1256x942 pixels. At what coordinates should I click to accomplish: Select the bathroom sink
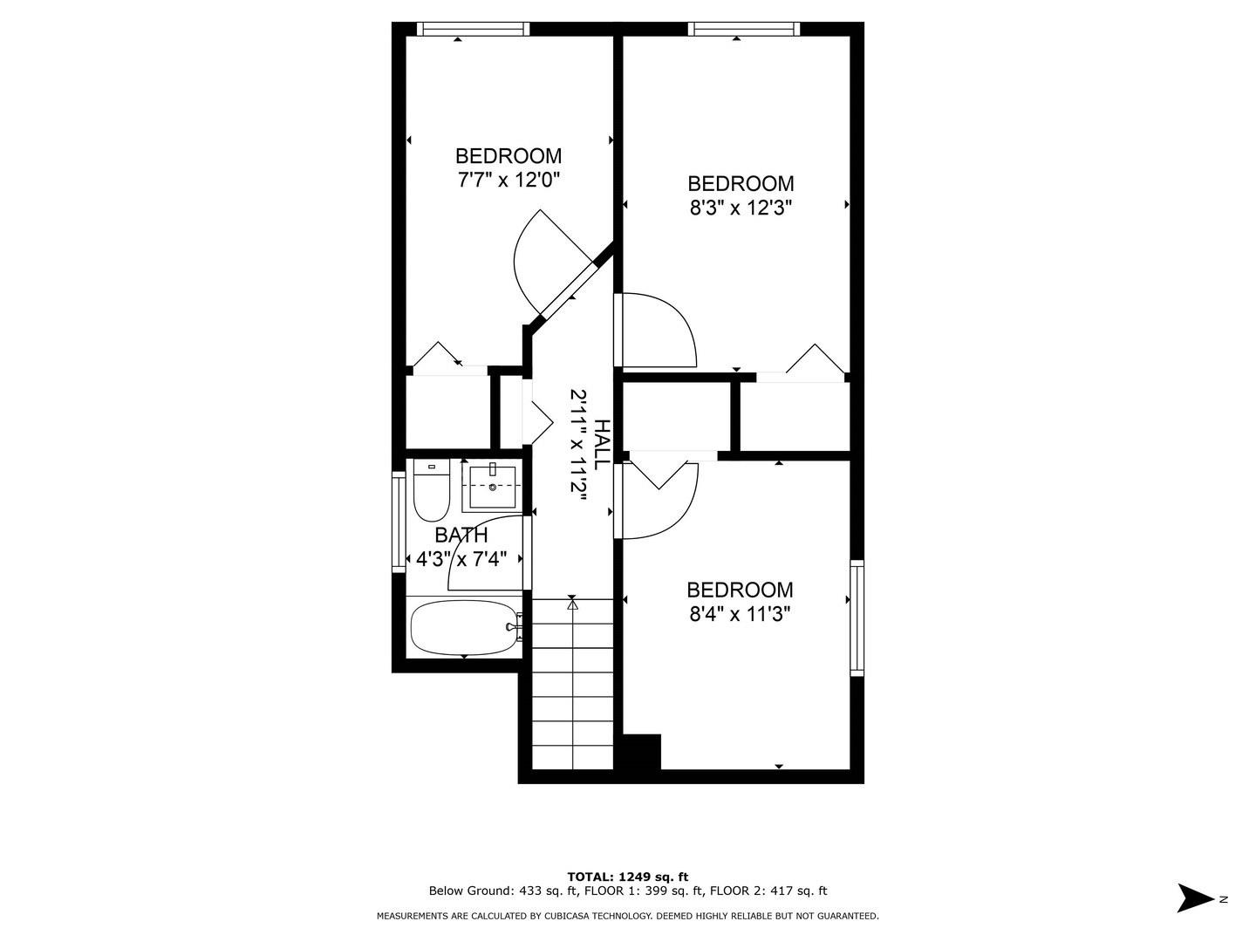point(493,487)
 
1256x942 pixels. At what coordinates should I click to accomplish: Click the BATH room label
point(461,536)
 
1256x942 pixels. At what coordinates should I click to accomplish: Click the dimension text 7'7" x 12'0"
point(509,181)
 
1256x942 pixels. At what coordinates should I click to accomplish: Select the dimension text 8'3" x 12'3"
point(741,208)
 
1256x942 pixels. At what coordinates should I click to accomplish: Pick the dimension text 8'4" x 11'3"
point(741,614)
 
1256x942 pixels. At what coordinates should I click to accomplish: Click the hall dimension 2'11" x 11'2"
point(577,444)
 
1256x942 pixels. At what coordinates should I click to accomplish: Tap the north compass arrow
point(1195,898)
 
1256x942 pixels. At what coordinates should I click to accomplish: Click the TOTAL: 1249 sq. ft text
point(628,877)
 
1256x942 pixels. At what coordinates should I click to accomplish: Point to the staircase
point(573,684)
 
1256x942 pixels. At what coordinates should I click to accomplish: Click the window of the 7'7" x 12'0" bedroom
point(473,29)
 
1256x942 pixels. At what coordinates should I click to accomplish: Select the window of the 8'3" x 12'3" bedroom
point(743,29)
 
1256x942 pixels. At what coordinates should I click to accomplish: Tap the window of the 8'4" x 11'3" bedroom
point(857,618)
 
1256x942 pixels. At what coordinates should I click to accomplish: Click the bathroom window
point(399,522)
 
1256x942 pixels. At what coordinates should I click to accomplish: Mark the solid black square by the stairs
point(642,752)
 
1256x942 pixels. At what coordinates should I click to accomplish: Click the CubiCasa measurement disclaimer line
point(628,916)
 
